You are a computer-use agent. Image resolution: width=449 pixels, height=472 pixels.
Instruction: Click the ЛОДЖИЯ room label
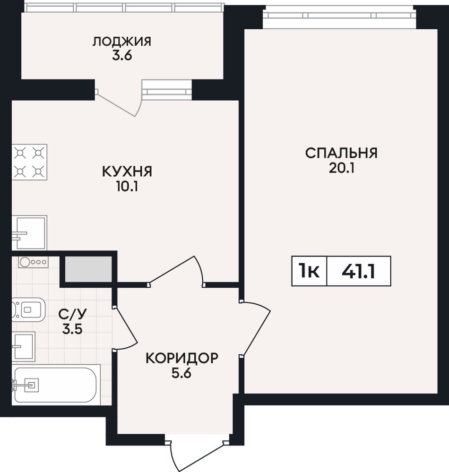[121, 42]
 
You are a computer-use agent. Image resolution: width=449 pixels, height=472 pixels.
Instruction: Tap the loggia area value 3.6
[122, 56]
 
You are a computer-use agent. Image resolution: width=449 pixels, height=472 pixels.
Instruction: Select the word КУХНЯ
[127, 172]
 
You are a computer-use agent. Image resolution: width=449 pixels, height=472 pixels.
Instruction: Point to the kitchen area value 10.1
[127, 187]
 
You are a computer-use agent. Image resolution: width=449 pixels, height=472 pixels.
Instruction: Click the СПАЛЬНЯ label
[341, 153]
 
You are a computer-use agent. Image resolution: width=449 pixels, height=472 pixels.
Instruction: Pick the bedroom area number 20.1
[342, 168]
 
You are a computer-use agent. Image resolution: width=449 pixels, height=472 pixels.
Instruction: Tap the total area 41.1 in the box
[358, 271]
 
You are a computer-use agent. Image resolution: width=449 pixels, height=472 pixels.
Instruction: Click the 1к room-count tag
[309, 271]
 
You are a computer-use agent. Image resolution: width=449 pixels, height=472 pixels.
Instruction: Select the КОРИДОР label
[181, 358]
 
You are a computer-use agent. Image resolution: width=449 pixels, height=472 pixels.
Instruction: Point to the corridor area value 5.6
[181, 373]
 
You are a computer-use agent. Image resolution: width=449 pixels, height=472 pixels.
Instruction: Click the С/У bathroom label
[72, 314]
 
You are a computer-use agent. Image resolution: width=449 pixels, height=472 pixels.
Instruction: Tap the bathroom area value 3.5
[72, 329]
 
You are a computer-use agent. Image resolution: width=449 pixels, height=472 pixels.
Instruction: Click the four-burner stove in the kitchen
[29, 162]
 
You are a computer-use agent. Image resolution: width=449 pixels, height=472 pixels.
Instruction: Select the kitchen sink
[29, 232]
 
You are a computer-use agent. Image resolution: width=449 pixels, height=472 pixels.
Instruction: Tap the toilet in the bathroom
[28, 309]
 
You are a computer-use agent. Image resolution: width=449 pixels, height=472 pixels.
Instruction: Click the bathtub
[56, 385]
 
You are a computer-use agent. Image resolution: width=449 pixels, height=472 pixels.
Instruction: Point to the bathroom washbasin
[24, 346]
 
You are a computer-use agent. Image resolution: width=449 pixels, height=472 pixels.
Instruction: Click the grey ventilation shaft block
[88, 269]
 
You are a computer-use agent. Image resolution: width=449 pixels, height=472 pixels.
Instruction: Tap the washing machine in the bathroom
[33, 262]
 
